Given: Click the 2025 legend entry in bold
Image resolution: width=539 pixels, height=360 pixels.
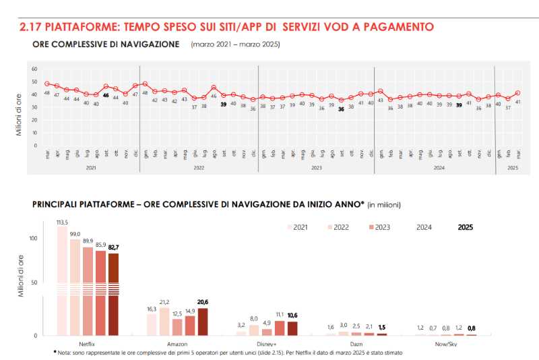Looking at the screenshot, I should (x=465, y=228).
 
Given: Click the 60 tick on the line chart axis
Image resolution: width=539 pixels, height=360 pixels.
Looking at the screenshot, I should (x=34, y=69).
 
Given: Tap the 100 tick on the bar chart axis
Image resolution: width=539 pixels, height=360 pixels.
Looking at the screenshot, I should (x=32, y=238).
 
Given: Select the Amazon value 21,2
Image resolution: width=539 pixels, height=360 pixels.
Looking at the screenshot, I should (x=164, y=302).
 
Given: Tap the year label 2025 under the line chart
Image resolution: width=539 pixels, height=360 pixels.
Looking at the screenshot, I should (x=513, y=167).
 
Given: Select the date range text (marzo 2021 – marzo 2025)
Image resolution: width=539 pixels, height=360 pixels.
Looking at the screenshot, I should (x=235, y=44).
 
